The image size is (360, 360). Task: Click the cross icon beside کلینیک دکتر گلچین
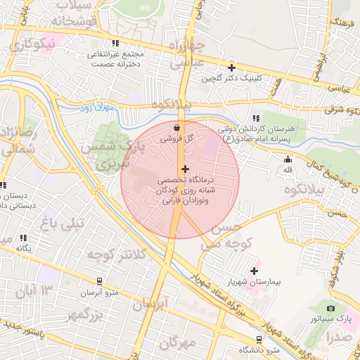pyautogui.click(x=231, y=68)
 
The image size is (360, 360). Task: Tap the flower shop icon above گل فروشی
pyautogui.click(x=176, y=128)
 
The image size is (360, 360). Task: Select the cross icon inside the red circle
pyautogui.click(x=186, y=169)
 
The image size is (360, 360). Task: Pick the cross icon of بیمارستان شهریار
pyautogui.click(x=254, y=271)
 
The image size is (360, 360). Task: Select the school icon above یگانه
pyautogui.click(x=24, y=238)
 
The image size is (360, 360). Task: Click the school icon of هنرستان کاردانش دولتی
pyautogui.click(x=255, y=118)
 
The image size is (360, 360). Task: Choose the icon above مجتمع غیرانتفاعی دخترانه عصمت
pyautogui.click(x=115, y=43)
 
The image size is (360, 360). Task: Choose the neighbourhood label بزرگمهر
pyautogui.click(x=70, y=315)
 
